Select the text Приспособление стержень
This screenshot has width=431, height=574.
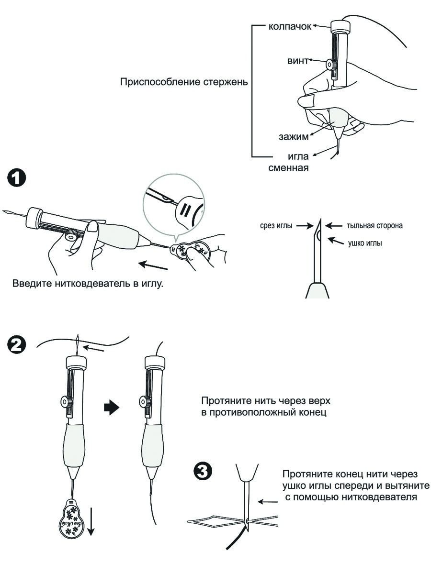coord(183,82)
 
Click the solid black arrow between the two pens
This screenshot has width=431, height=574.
coord(112,408)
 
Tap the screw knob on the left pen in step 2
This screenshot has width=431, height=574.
coord(64,401)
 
